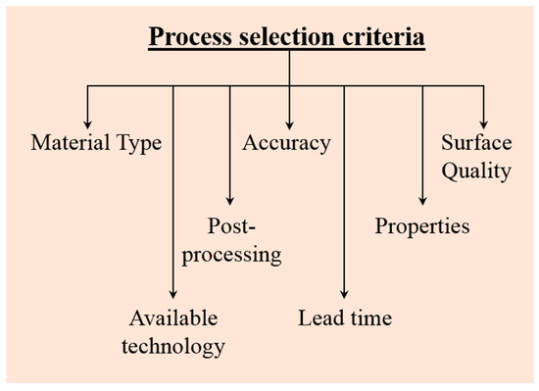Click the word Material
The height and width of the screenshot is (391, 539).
(73, 144)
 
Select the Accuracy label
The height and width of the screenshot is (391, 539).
(286, 144)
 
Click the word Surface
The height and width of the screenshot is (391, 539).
(476, 144)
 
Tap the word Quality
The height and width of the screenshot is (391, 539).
(476, 172)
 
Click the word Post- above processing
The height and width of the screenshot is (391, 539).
(233, 226)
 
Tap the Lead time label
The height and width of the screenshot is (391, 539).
(344, 318)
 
